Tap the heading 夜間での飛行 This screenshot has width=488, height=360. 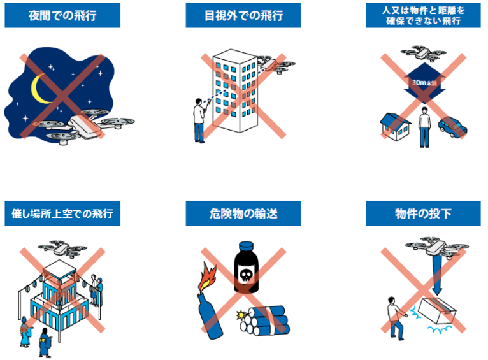click(62, 15)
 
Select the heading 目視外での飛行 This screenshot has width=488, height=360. click(243, 15)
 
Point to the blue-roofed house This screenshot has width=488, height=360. click(395, 127)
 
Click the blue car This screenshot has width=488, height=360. click(452, 127)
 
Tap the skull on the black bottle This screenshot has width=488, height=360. click(245, 275)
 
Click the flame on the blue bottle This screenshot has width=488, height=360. click(206, 277)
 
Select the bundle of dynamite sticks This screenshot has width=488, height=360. click(264, 320)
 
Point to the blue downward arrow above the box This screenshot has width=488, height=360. click(436, 275)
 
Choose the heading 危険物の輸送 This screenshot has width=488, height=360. click(243, 213)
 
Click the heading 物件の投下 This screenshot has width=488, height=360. click(423, 213)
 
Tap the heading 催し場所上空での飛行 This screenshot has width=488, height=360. click(62, 213)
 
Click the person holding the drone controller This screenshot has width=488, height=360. click(199, 120)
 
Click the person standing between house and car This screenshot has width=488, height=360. click(424, 127)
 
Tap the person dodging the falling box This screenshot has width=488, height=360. click(396, 318)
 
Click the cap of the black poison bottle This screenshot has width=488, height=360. click(246, 247)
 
